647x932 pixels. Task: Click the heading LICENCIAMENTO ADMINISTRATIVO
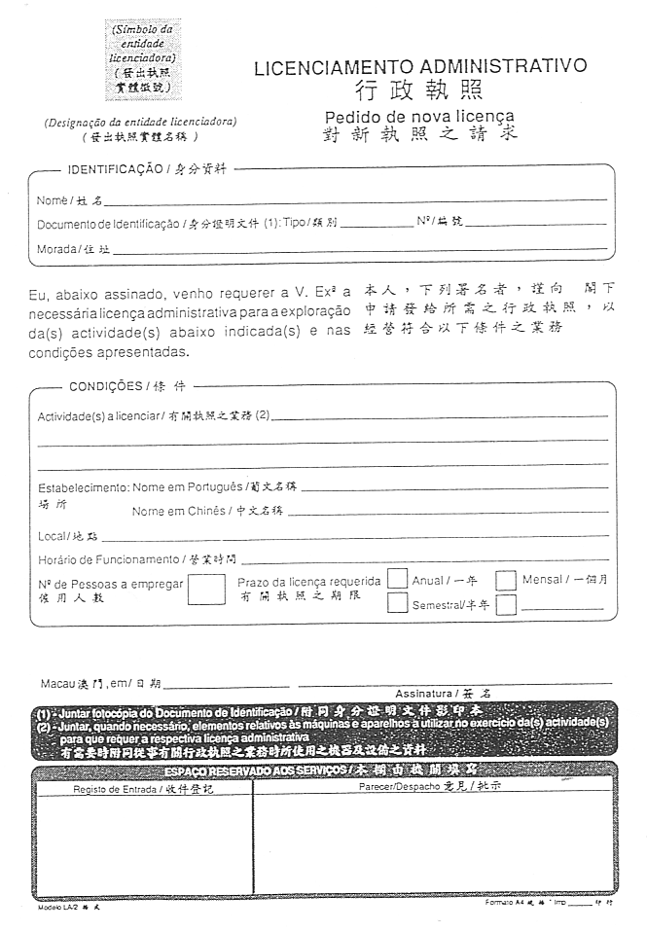[x=419, y=67]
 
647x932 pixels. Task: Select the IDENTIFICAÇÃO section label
[x=113, y=168]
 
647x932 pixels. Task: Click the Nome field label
[x=52, y=201]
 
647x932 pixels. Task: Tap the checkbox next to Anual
[x=396, y=579]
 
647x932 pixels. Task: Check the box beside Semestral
[x=396, y=603]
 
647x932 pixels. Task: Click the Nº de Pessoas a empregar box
[x=205, y=589]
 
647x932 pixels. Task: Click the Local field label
[x=54, y=536]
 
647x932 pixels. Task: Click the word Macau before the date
[x=56, y=683]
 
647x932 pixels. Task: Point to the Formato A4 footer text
[x=508, y=903]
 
